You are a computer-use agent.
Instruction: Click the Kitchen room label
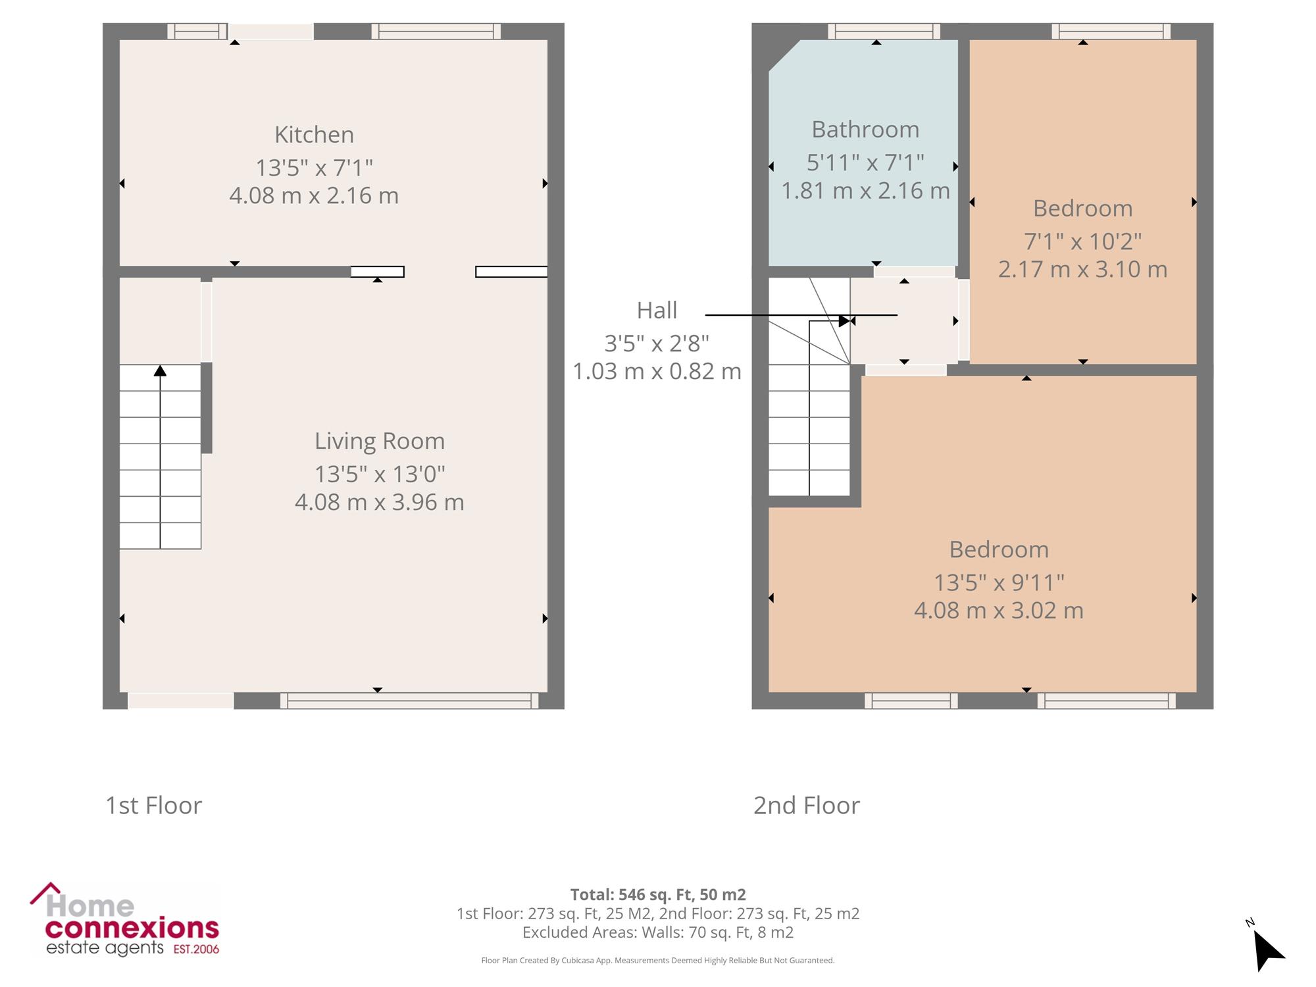tap(314, 134)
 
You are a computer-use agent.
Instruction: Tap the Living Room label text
tap(380, 441)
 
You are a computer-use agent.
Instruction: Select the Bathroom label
tap(865, 130)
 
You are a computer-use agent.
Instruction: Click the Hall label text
tap(657, 310)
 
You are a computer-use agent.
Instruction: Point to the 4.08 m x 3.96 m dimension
tap(380, 502)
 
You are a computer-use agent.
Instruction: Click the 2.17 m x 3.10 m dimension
tap(1082, 269)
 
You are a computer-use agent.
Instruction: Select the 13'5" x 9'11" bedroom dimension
tap(999, 582)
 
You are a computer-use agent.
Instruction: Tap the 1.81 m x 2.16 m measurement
tap(865, 191)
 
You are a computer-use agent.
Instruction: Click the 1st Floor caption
tap(153, 805)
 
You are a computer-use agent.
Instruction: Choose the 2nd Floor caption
tap(806, 805)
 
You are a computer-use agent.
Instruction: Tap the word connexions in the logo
tap(132, 928)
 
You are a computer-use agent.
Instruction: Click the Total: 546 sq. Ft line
tap(658, 895)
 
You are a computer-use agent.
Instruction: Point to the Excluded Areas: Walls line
tap(658, 932)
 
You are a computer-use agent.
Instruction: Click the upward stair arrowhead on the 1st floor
tap(160, 371)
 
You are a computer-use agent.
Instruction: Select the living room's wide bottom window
tap(409, 701)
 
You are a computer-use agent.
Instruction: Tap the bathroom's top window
tap(884, 32)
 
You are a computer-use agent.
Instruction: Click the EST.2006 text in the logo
tap(196, 949)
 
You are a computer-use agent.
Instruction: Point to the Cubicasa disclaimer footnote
tap(658, 961)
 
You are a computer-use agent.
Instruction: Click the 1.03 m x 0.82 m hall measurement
tap(657, 372)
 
